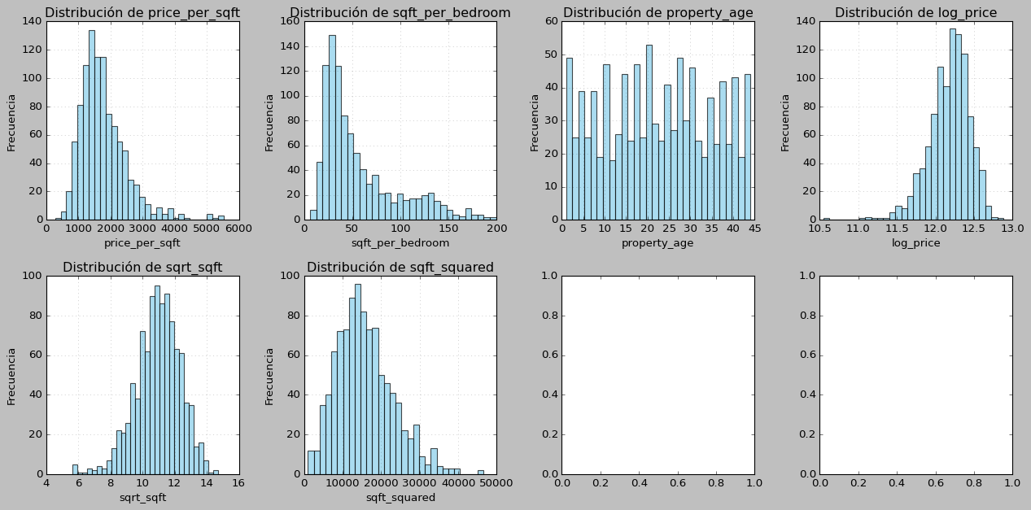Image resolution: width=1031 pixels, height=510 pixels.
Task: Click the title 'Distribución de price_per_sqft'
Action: coord(142,12)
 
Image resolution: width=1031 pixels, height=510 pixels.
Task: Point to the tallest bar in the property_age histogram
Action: coord(649,132)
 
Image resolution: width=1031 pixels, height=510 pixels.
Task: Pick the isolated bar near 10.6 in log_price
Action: coord(827,219)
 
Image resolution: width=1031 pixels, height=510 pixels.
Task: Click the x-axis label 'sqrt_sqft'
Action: coord(142,497)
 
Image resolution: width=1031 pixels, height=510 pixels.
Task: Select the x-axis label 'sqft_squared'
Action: coord(400,497)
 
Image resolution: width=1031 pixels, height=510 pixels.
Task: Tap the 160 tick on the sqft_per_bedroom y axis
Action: coord(291,21)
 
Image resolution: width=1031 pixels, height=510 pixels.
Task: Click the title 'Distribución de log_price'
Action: coord(915,12)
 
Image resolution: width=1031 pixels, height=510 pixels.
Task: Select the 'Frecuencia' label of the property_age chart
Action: coord(535,122)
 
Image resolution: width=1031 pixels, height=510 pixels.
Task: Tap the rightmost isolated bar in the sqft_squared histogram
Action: coord(480,472)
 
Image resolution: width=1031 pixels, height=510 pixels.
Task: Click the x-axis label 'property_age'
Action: coord(657,242)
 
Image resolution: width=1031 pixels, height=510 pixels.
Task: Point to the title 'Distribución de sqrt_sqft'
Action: coord(142,267)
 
